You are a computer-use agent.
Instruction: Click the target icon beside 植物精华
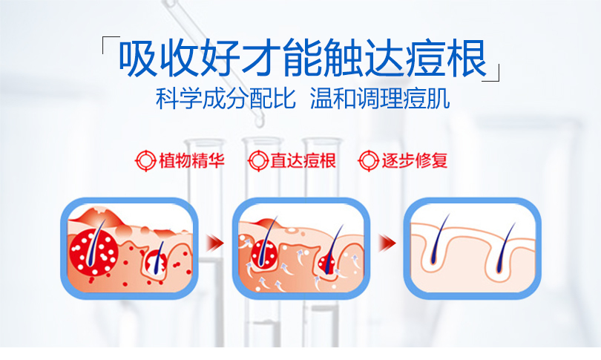(x=145, y=160)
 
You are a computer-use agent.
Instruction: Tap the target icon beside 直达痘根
(x=258, y=160)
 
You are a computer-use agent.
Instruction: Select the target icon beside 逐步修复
(x=368, y=160)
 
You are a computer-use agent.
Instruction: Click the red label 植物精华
(x=191, y=160)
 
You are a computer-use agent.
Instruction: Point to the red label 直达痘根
(x=303, y=160)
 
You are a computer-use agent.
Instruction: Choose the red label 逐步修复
(x=414, y=160)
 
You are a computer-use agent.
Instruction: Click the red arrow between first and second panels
(x=215, y=243)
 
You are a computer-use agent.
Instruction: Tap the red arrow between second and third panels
(x=387, y=243)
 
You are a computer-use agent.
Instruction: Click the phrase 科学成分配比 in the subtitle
(x=226, y=99)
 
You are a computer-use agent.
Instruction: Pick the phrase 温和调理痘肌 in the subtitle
(x=380, y=99)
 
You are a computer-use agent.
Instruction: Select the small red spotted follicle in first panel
(x=156, y=262)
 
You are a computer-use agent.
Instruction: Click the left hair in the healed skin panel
(x=439, y=239)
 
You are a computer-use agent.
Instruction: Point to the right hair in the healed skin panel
(x=505, y=247)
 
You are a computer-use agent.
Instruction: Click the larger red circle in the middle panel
(x=264, y=254)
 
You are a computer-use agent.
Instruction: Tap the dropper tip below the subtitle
(x=260, y=122)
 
